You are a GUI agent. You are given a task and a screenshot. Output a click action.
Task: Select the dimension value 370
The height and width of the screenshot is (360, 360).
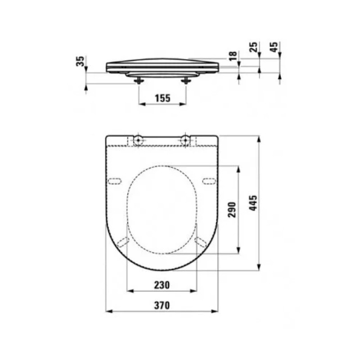[x=162, y=305]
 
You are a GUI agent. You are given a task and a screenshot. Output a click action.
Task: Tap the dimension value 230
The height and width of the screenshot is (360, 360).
[x=162, y=285]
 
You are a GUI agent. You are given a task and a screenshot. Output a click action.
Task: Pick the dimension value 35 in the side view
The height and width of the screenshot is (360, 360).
[x=81, y=61]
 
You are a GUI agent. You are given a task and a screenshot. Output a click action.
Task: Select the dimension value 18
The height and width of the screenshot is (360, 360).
[x=232, y=56]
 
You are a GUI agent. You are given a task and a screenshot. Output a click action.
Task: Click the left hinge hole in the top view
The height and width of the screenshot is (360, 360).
[x=138, y=140]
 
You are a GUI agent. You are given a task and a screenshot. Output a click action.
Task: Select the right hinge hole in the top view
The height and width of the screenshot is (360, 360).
[x=186, y=140]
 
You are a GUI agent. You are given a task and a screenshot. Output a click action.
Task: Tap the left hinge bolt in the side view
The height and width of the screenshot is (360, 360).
[x=139, y=81]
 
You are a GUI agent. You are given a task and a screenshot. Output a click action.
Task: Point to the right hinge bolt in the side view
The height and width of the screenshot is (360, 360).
[x=186, y=81]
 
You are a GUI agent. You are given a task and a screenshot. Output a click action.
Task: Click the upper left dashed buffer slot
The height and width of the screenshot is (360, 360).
[x=115, y=180]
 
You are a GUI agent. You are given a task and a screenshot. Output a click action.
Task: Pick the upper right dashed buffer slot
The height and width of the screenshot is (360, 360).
[x=209, y=180]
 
